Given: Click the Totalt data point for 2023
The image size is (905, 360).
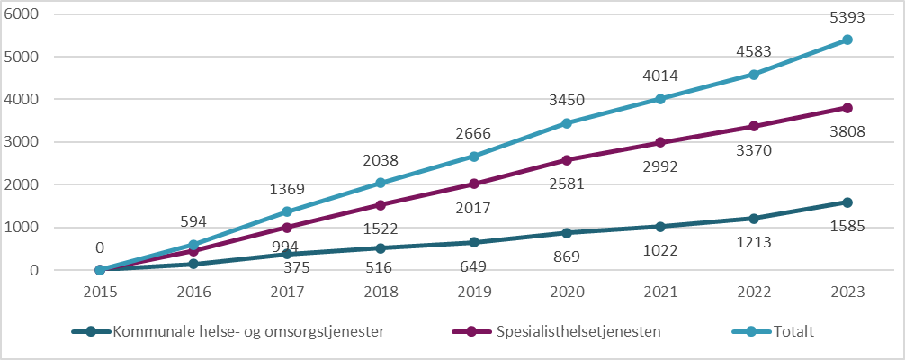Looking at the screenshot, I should pos(847,40).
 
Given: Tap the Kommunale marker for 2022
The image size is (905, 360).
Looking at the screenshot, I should pos(754,218).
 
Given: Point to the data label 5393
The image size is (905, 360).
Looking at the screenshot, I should pos(847,17).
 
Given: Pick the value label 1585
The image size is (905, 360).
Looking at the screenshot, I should pos(847,227).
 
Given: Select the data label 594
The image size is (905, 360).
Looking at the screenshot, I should pos(193,222).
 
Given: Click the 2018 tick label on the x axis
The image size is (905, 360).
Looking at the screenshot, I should pos(381,292).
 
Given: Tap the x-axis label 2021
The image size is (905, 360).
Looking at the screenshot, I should pos(660,292).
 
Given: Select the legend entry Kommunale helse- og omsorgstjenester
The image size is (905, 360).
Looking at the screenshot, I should pos(247,331).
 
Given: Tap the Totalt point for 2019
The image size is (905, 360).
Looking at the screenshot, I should pos(474,156).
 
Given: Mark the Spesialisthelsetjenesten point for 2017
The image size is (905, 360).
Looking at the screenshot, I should pos(287,228).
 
